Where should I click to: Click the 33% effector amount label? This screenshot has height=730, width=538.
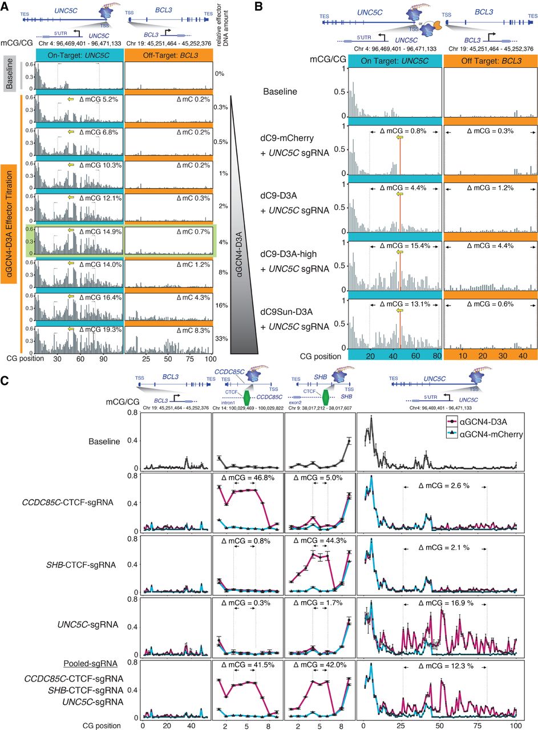(x=221, y=339)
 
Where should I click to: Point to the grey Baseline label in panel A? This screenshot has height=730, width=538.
(x=10, y=74)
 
